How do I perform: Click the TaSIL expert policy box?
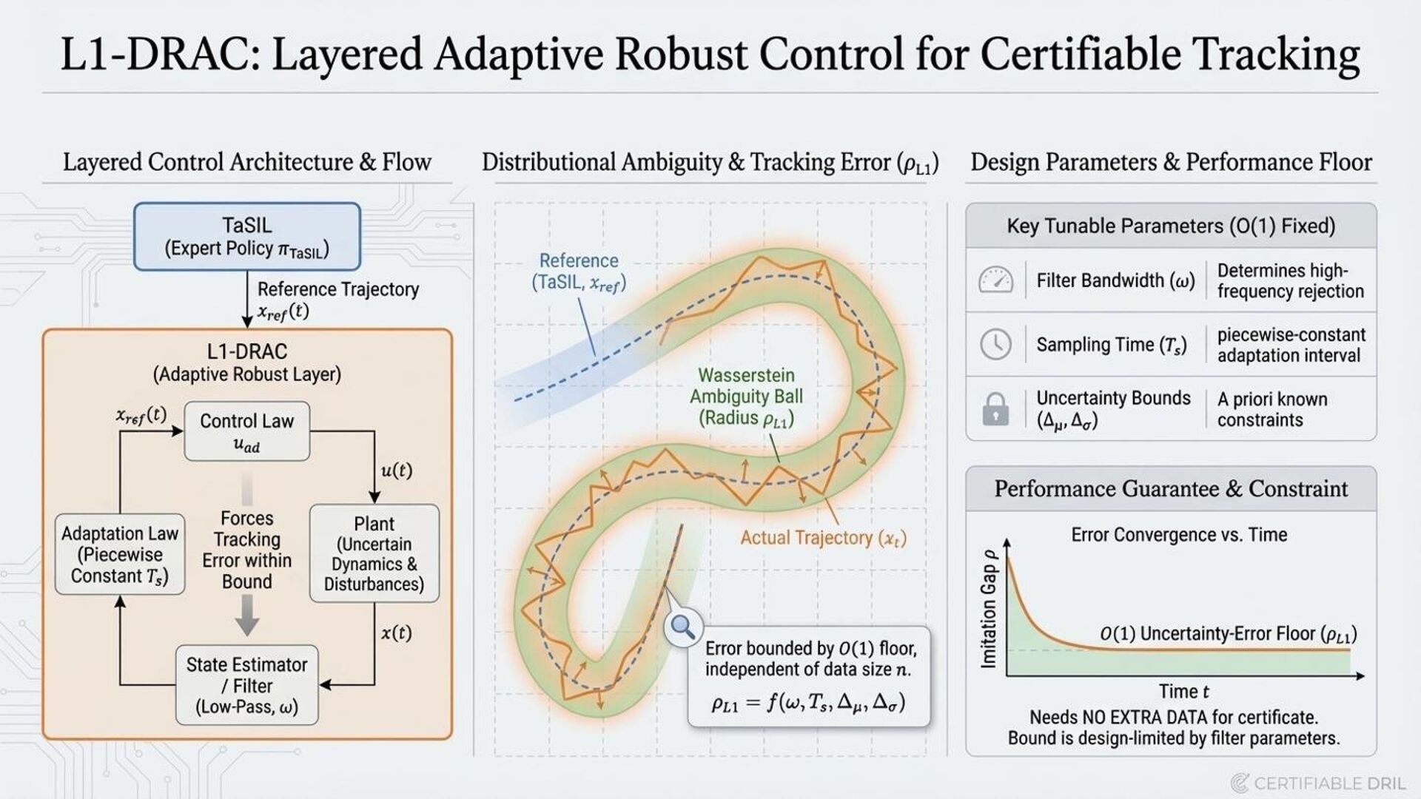246,237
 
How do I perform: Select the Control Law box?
246,431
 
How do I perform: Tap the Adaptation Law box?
120,554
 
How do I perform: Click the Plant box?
374,553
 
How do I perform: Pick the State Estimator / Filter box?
246,685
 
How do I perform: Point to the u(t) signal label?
396,471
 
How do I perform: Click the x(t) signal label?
396,633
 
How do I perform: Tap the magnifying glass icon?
682,627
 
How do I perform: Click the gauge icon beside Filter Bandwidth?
995,280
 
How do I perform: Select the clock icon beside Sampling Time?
995,345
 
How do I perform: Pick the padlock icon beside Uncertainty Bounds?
995,408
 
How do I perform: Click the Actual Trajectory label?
823,538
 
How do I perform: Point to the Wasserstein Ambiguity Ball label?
746,397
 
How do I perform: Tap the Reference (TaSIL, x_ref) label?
579,272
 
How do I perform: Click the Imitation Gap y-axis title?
989,608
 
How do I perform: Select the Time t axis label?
1183,692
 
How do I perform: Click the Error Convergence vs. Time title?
1179,535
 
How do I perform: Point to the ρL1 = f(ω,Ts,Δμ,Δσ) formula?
808,703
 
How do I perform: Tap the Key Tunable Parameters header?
1171,226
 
